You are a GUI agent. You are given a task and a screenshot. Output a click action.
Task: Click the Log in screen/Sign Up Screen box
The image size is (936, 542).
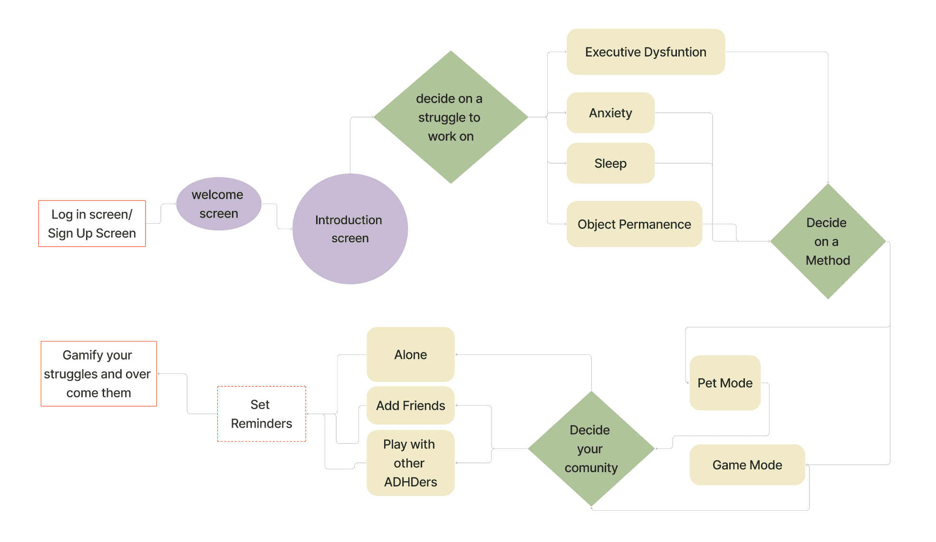tap(92, 223)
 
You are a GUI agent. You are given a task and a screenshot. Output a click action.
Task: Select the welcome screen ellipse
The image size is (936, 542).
tap(219, 204)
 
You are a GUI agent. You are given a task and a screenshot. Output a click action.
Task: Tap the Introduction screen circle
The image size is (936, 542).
tap(350, 229)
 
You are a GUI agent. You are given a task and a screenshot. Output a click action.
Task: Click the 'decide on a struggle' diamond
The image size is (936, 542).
tap(451, 117)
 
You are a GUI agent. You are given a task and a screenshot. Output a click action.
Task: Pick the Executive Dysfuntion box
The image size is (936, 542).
tap(646, 52)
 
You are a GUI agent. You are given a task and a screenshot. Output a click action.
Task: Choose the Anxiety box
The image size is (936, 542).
tap(610, 113)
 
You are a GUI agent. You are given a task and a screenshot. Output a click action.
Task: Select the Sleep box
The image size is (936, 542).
tap(610, 163)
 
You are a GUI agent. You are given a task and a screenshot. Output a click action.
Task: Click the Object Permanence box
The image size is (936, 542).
tap(634, 224)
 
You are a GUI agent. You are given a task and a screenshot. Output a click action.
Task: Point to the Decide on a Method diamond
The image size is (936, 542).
tap(828, 241)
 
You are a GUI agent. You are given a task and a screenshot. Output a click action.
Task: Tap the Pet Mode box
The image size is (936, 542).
tap(725, 383)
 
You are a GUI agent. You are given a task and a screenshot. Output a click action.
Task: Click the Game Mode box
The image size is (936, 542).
tap(747, 465)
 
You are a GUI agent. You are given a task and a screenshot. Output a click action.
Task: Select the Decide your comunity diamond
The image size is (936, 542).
tap(591, 448)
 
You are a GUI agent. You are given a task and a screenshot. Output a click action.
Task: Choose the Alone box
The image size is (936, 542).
tap(411, 354)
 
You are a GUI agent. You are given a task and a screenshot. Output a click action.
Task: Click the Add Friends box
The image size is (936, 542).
tap(411, 405)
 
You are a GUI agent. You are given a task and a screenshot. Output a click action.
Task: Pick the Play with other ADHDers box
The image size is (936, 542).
tap(411, 463)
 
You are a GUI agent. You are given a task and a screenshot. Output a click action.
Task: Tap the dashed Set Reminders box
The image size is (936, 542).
tap(261, 414)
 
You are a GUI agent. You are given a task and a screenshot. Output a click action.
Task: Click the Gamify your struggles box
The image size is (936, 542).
tap(98, 373)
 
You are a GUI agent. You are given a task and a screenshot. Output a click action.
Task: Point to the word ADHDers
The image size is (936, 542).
tap(411, 482)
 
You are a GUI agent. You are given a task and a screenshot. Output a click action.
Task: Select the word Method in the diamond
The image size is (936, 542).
tap(828, 260)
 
